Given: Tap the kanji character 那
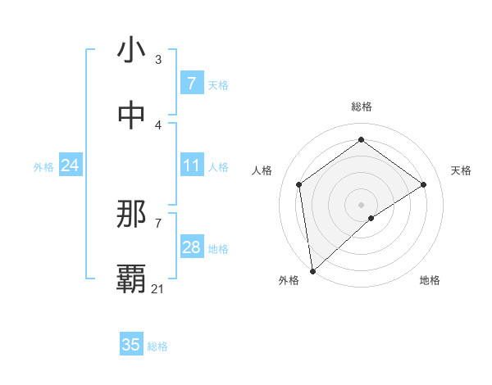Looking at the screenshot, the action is tap(130, 215).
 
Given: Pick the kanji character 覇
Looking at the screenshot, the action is tap(130, 279).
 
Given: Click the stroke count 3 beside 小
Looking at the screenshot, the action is tap(158, 60).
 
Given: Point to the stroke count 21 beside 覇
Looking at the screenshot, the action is tap(158, 289).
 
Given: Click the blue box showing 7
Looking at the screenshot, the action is tap(191, 84).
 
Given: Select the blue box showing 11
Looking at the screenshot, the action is tap(191, 166).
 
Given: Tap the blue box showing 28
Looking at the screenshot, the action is tap(191, 247).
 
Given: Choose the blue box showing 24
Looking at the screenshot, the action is tap(70, 166).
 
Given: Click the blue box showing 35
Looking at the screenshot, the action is tap(130, 345).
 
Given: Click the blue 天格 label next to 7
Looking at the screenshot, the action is tap(218, 84).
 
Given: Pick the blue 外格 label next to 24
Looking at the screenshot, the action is tap(43, 167).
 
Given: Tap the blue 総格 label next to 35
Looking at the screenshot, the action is tap(157, 346).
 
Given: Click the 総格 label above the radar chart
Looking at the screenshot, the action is tap(362, 106).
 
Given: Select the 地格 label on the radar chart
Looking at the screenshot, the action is tap(430, 280).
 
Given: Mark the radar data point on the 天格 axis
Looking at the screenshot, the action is tap(424, 184).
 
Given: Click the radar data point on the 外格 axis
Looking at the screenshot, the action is tap(312, 270).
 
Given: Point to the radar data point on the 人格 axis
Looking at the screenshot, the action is tap(299, 184).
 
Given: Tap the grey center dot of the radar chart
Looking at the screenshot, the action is tap(362, 204).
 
